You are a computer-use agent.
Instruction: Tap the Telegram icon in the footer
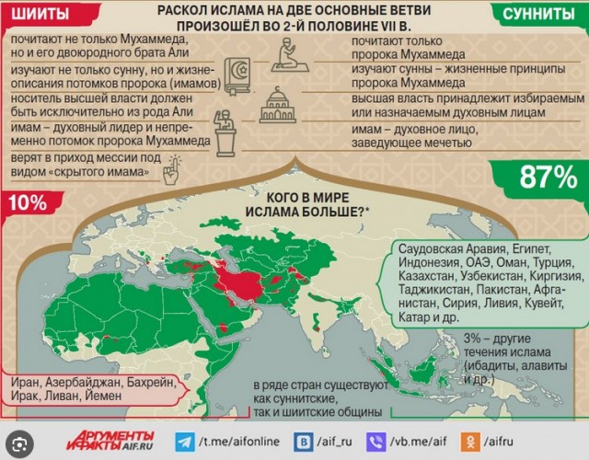pos(187,442)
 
